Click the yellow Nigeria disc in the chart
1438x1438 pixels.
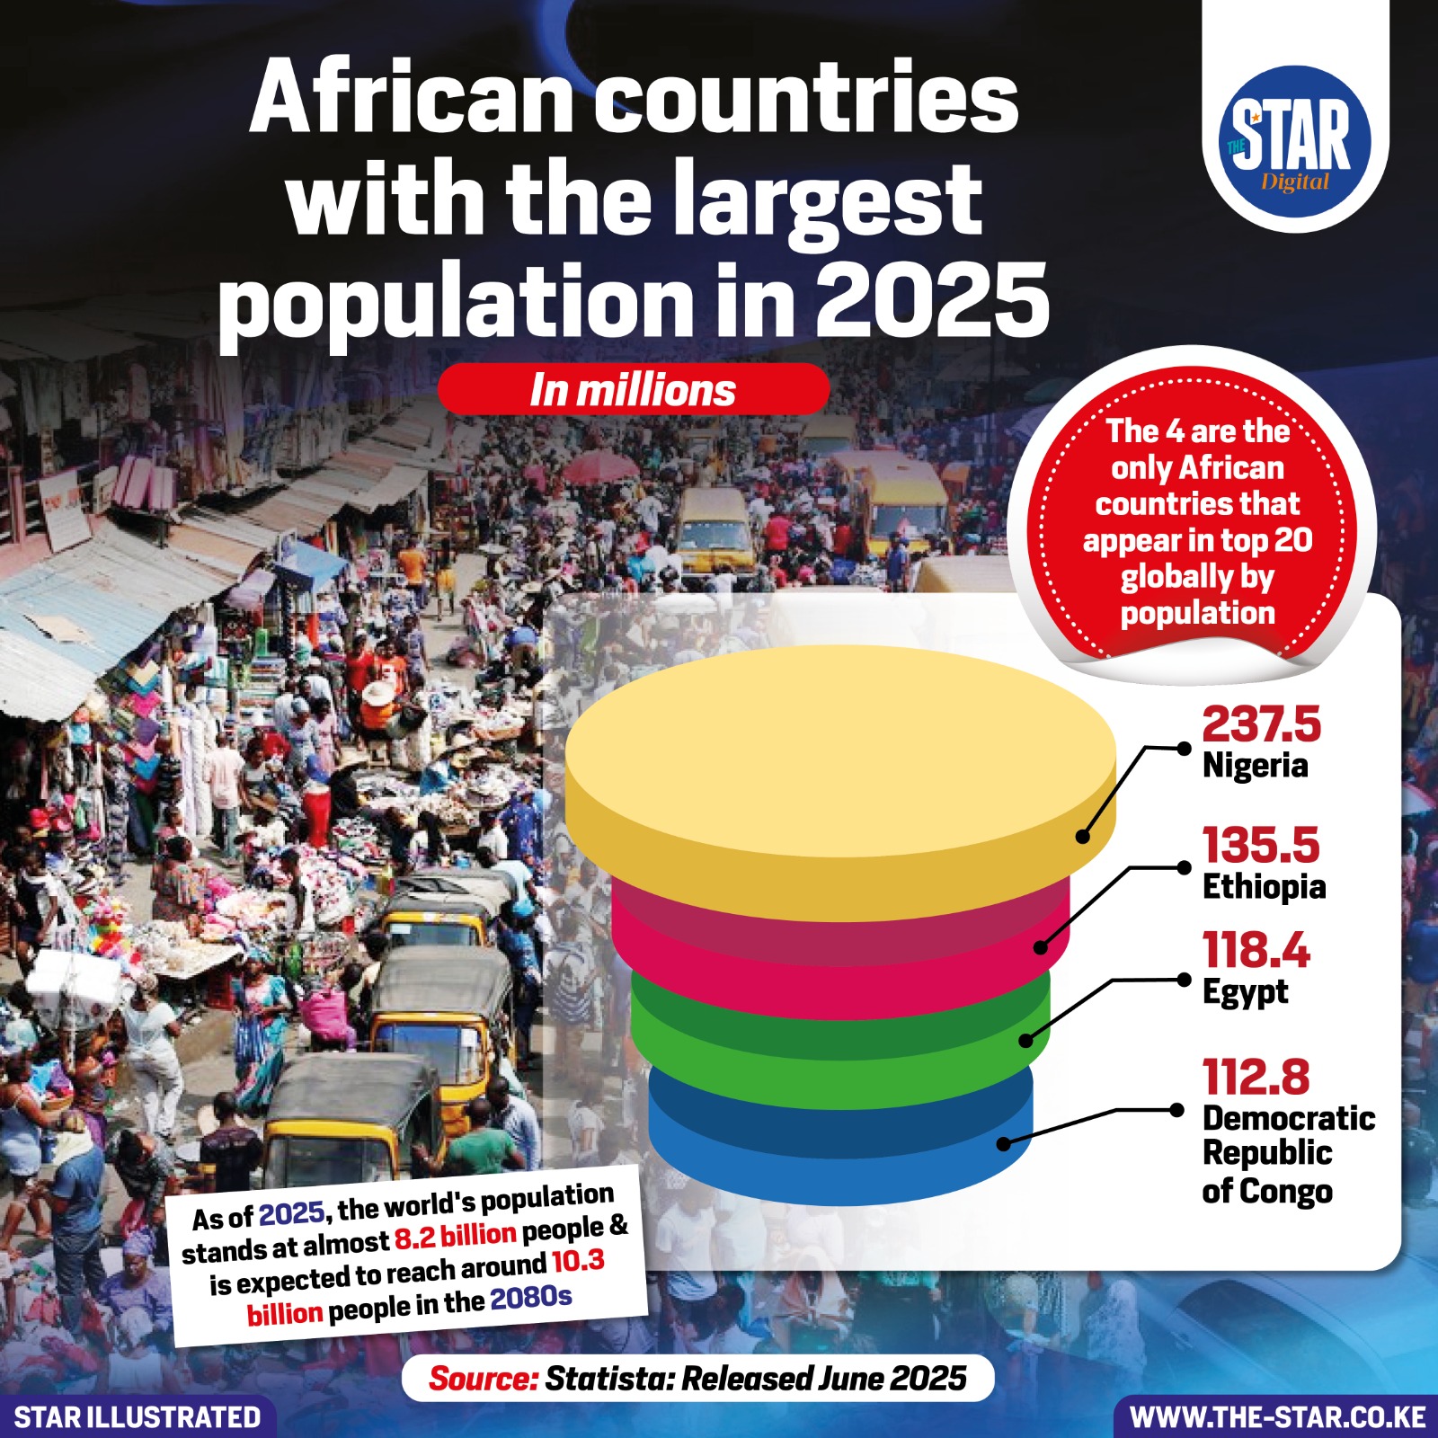tap(840, 764)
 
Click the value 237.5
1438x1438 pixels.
tap(1261, 724)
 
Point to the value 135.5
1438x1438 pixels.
tap(1261, 845)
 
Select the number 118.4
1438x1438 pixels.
tap(1256, 950)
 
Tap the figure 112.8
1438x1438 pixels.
tap(1256, 1076)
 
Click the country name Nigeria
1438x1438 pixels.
tap(1255, 766)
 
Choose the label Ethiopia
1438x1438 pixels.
tap(1264, 887)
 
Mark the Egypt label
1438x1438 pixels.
tap(1245, 992)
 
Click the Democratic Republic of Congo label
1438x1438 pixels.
tap(1288, 1154)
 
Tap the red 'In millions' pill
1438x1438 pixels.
tap(633, 390)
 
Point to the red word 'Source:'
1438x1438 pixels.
tap(483, 1378)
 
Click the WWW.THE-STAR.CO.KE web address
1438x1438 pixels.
tap(1277, 1417)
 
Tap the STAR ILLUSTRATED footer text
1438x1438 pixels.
tap(137, 1417)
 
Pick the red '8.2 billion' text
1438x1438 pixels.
tap(455, 1237)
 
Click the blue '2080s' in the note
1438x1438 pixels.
tap(530, 1299)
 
